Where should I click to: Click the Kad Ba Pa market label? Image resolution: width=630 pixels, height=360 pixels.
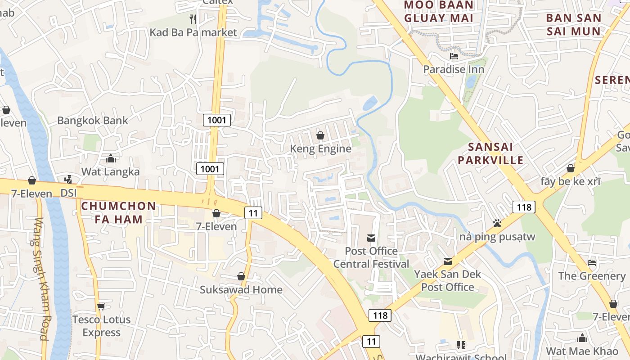point(193,32)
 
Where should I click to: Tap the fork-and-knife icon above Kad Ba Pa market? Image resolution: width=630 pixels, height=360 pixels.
point(193,19)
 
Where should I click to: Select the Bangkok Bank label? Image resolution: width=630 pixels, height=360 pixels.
point(92,121)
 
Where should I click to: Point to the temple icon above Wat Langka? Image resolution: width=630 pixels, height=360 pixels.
point(110,158)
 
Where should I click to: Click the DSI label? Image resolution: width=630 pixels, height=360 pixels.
point(69,193)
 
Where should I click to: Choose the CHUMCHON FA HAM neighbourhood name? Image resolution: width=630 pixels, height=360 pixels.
point(118,213)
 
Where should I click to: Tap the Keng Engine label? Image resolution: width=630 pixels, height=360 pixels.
point(320,148)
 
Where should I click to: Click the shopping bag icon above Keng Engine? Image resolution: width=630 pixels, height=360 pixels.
point(320,135)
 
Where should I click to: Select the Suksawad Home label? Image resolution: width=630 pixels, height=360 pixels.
point(241,289)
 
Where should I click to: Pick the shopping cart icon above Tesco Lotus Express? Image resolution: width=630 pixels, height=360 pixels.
point(101,306)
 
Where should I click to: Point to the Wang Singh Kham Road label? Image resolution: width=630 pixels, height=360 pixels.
point(41,279)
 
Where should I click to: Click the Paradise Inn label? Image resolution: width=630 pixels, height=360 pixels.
point(454,69)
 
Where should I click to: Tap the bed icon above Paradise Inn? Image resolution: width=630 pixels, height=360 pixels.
point(454,56)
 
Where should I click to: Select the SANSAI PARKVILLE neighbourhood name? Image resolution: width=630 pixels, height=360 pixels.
point(496,153)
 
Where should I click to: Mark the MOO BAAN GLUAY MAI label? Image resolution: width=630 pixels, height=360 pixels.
point(438,12)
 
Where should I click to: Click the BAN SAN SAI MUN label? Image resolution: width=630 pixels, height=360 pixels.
point(573,25)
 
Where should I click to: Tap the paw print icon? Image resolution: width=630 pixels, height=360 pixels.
point(497,223)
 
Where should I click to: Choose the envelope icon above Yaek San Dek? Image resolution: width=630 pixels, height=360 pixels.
point(448,261)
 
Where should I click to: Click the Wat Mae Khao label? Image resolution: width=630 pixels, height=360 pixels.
point(582,351)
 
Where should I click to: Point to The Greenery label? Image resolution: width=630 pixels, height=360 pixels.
point(592,276)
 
